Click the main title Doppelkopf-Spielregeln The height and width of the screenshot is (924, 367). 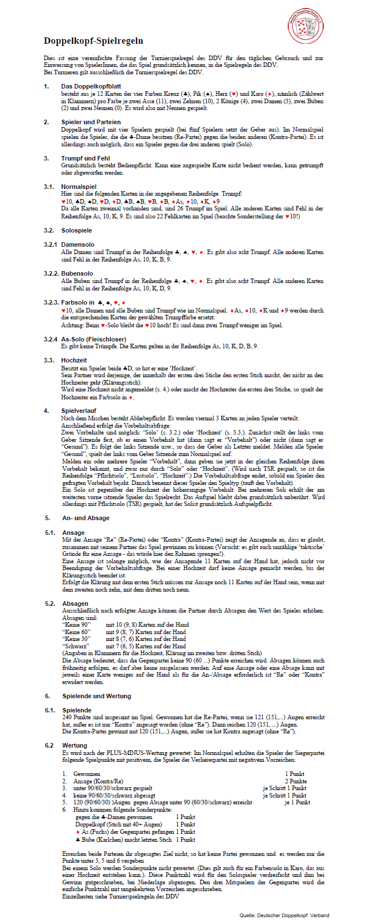[x=93, y=41]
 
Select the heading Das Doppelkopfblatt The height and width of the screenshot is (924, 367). [x=91, y=86]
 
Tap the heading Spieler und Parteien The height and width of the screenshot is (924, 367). [x=91, y=122]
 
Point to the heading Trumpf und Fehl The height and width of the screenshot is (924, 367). [x=86, y=158]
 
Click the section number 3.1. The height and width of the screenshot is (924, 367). [x=49, y=187]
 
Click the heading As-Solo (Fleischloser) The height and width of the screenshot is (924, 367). [x=93, y=339]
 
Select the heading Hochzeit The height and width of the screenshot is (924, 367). [x=74, y=360]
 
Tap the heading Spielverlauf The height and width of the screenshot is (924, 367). [x=79, y=411]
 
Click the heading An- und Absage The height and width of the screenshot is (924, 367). [x=86, y=518]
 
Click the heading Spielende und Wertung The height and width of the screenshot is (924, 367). [x=96, y=696]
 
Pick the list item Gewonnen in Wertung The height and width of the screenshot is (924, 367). [x=87, y=774]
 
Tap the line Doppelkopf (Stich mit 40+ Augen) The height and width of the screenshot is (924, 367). [x=118, y=824]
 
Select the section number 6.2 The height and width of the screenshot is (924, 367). [x=49, y=745]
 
